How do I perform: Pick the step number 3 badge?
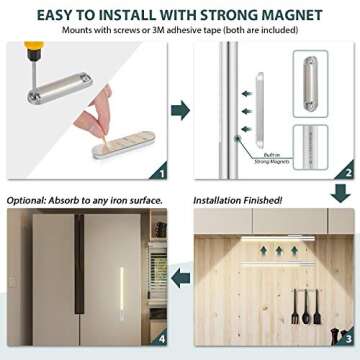(346, 340)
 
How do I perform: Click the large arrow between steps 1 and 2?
(180, 109)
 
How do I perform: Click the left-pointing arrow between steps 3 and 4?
(180, 274)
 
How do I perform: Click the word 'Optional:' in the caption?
(27, 199)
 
